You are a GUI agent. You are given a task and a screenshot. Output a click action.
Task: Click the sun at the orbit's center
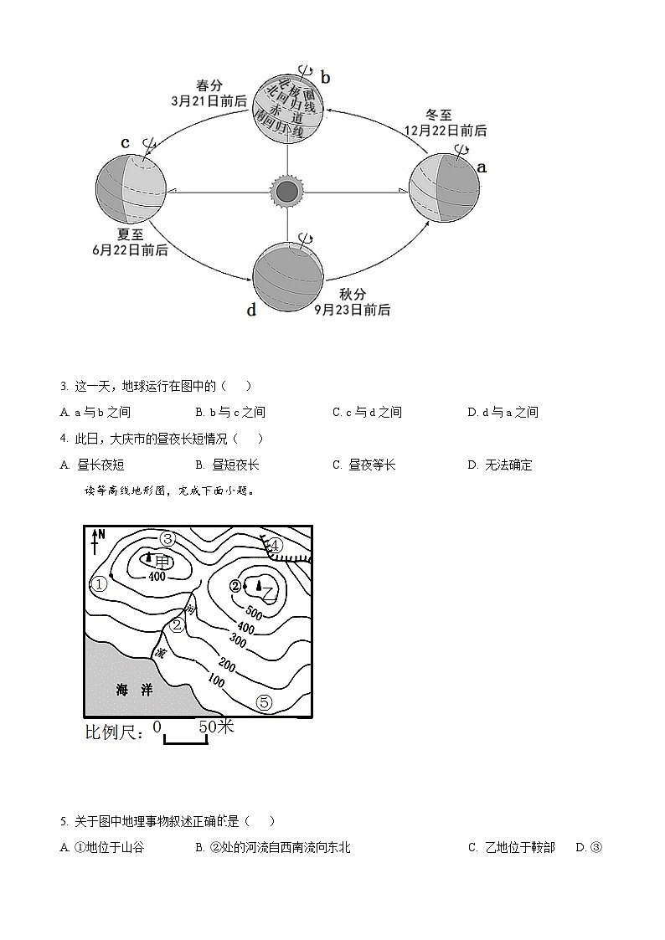click(287, 192)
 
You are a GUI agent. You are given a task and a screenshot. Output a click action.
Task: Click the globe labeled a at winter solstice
click(444, 189)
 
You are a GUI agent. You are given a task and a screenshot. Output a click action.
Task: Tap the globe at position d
click(287, 273)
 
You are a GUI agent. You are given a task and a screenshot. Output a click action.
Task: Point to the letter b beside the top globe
click(326, 78)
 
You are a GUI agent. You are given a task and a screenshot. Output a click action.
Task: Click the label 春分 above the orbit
click(209, 85)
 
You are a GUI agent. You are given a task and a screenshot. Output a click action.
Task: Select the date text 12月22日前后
click(445, 131)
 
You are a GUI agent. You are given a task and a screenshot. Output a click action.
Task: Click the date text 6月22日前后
click(130, 249)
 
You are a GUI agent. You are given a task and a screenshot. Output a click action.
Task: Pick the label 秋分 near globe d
click(353, 295)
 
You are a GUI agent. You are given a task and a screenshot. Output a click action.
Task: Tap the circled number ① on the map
click(100, 584)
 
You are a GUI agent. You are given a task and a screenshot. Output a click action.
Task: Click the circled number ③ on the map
click(168, 539)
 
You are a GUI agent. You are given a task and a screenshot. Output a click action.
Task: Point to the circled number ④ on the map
click(276, 547)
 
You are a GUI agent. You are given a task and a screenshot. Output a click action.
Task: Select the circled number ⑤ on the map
click(264, 702)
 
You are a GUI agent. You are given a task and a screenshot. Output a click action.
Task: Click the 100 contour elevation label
click(215, 682)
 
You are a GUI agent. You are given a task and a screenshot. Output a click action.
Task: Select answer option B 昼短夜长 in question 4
click(227, 465)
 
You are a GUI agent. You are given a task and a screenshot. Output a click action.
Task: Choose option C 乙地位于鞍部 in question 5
click(511, 847)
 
